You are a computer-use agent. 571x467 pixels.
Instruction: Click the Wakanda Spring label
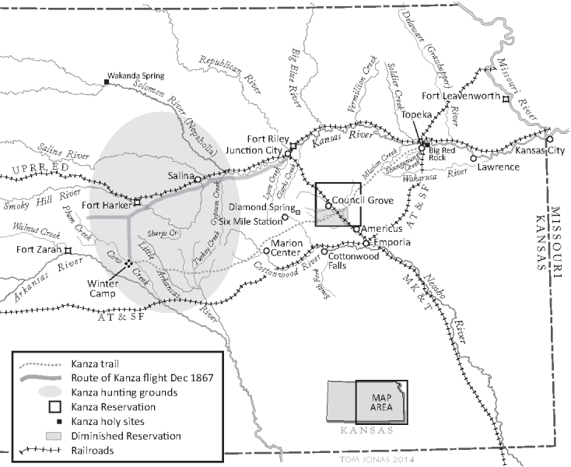click(140, 76)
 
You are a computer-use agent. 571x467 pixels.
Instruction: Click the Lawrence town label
click(498, 167)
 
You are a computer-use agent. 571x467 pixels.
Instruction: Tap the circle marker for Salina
click(198, 179)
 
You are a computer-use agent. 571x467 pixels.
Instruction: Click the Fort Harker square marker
click(137, 202)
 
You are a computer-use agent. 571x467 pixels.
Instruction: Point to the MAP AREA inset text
click(380, 403)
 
